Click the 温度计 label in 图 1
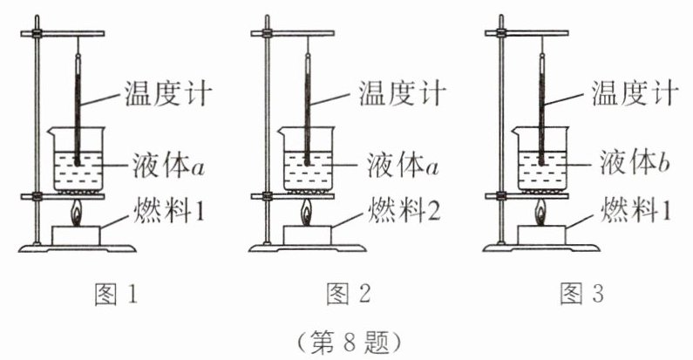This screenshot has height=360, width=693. pos(169,92)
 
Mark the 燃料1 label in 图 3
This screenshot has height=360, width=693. pos(630,209)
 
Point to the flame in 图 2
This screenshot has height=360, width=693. pos(308,212)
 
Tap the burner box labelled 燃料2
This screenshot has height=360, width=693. pos(308,234)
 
